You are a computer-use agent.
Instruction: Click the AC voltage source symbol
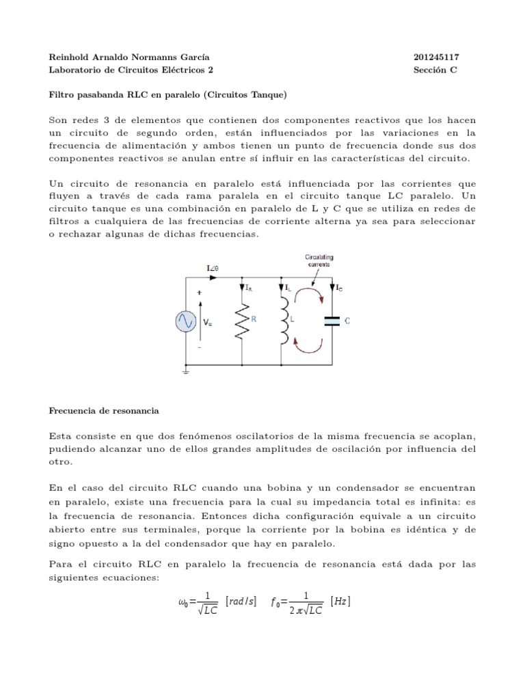click(x=186, y=321)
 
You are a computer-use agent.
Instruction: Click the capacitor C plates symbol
click(x=332, y=320)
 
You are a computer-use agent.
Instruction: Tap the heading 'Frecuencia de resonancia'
click(x=104, y=411)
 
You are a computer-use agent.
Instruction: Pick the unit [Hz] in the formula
click(x=340, y=602)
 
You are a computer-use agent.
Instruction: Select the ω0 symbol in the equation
click(x=182, y=603)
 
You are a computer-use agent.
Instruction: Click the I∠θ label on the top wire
click(x=213, y=269)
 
